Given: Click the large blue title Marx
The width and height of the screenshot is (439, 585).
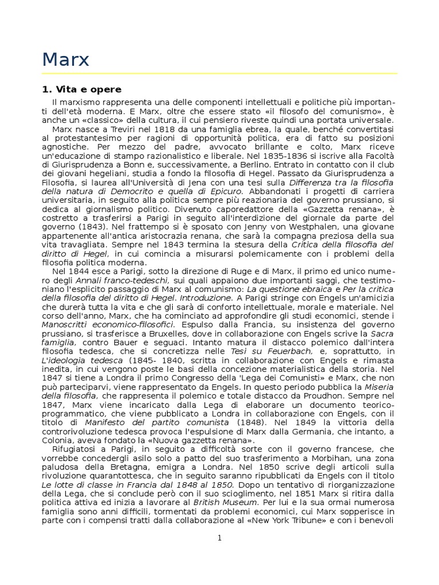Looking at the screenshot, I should point(66,60).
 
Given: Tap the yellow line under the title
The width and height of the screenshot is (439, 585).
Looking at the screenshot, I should point(219,73).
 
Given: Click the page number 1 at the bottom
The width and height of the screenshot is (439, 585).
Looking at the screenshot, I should point(219,538).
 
